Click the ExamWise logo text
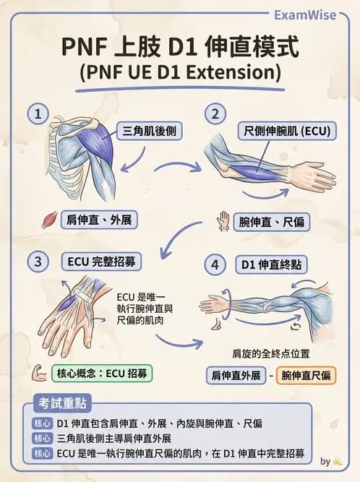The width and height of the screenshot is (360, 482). (x=305, y=14)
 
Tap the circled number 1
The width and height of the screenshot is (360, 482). (x=38, y=113)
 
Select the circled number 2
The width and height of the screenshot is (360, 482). (x=215, y=113)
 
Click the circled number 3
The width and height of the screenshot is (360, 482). (x=38, y=262)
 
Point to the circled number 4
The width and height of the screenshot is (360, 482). (x=215, y=264)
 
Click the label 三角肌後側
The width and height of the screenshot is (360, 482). (x=150, y=132)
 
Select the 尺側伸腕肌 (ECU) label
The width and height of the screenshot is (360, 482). (x=287, y=132)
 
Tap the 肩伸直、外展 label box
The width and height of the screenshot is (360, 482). (x=99, y=220)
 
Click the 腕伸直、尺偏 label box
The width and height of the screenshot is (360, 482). (x=272, y=222)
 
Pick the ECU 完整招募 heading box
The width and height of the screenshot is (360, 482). (x=101, y=262)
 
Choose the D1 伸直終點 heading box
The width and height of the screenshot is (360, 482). (x=272, y=264)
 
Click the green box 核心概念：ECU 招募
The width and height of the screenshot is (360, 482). (x=102, y=374)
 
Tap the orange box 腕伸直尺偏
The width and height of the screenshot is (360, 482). (x=307, y=375)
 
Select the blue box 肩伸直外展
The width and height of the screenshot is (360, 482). (x=236, y=375)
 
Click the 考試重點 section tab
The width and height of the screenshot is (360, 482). (x=62, y=403)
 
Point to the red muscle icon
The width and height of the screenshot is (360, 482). (x=50, y=220)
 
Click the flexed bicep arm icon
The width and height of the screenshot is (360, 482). (x=39, y=373)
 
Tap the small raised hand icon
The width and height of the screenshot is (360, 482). (x=223, y=221)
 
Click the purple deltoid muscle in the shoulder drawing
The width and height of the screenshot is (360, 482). (x=97, y=142)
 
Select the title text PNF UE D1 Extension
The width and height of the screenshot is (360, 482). (x=181, y=72)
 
